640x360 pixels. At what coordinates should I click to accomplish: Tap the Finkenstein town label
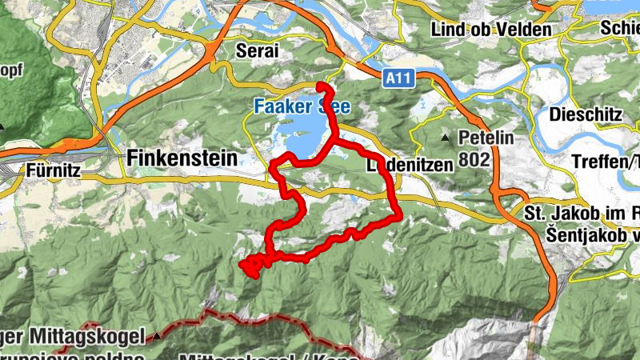point(182,158)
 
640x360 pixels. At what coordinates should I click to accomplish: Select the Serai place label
point(258,50)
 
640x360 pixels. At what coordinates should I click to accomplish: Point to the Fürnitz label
point(54,170)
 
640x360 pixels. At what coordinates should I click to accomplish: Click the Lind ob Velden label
point(491,30)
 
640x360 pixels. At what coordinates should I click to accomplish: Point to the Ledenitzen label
point(410,165)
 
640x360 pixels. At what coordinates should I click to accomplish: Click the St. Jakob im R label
point(578,214)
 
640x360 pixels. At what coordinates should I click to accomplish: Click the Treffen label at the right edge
point(606,161)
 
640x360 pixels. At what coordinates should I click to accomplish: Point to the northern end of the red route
point(320,85)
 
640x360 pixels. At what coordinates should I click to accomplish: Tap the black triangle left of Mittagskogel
point(158,336)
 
